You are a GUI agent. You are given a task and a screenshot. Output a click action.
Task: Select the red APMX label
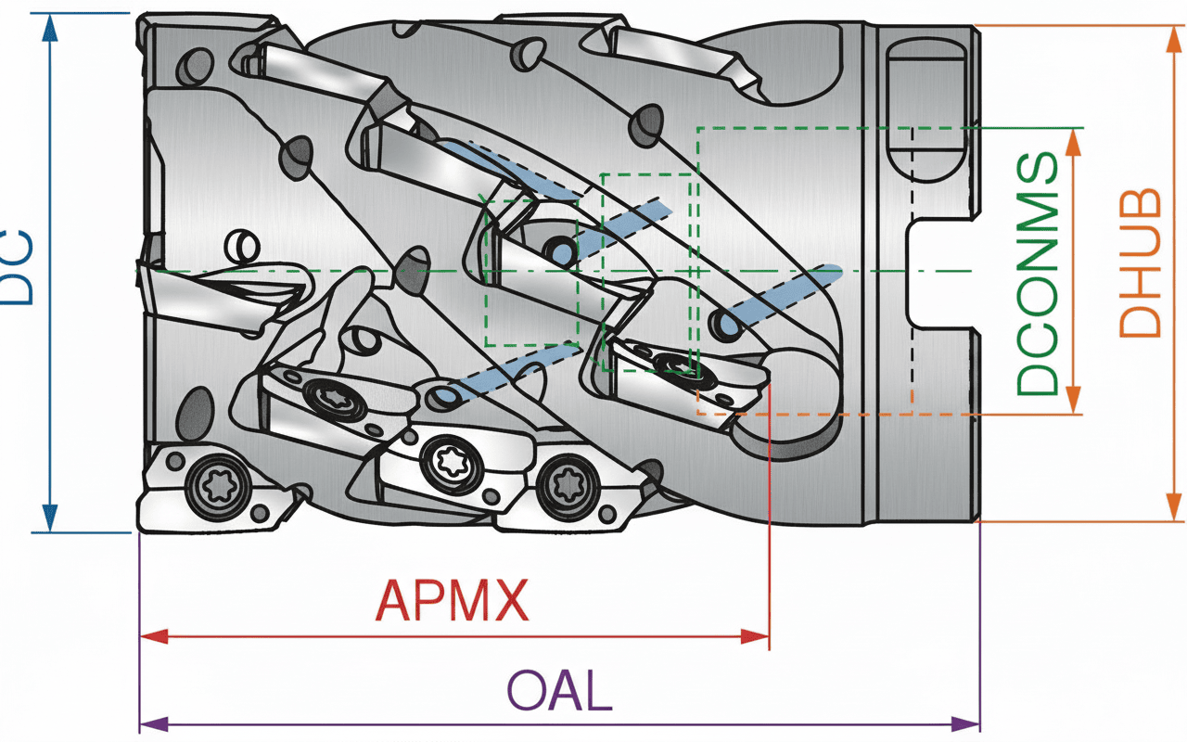453,600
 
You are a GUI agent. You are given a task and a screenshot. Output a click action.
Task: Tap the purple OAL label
559,691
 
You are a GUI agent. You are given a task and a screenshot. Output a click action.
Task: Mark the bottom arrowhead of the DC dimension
50,519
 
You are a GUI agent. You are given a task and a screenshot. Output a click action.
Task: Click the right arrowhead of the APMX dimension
757,636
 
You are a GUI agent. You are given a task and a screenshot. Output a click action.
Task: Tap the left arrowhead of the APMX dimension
152,636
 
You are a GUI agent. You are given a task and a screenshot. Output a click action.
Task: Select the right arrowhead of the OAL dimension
967,723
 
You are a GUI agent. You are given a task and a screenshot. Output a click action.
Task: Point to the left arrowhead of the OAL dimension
152,723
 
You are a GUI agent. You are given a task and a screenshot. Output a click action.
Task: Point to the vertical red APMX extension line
769,519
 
